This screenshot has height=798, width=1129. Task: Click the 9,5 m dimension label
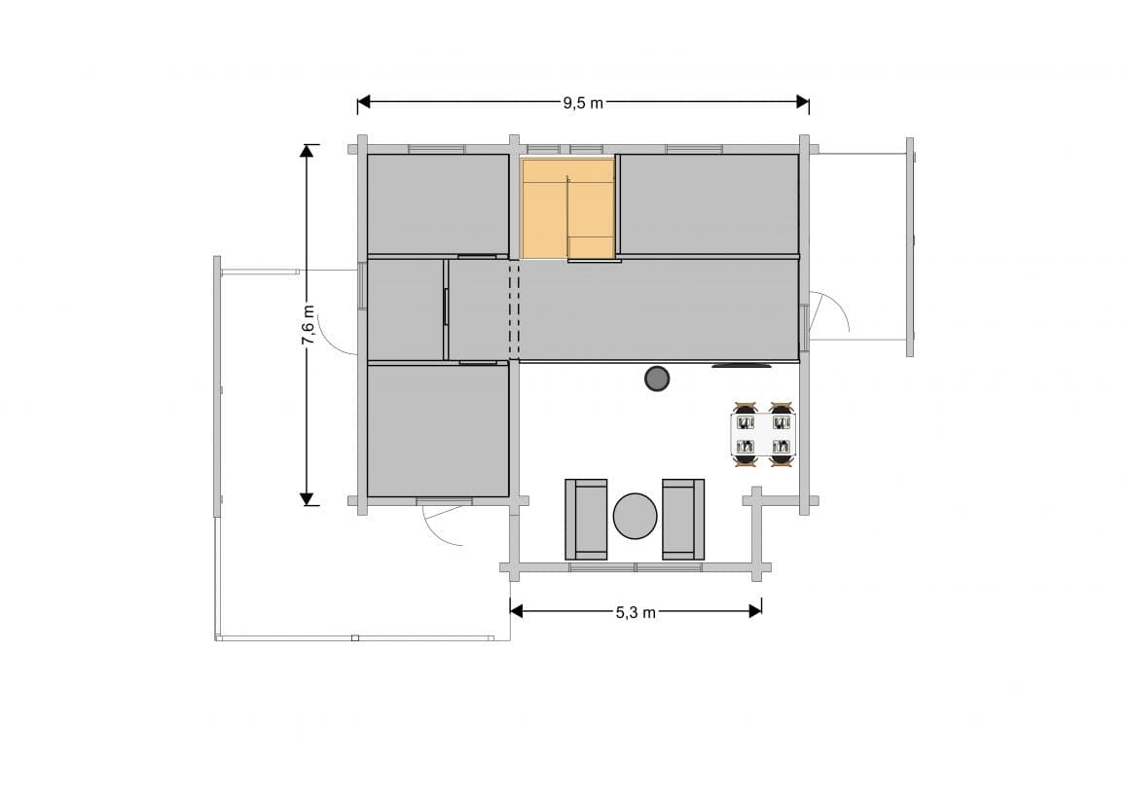tap(583, 102)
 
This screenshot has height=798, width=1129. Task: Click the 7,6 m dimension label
tap(308, 325)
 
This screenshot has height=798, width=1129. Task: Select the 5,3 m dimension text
tap(636, 612)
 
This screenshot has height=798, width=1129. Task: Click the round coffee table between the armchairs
tap(636, 516)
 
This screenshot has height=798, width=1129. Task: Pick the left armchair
tap(586, 519)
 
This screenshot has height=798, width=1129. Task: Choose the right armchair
tap(683, 519)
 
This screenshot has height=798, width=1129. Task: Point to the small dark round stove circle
tap(658, 379)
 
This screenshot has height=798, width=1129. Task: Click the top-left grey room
tap(438, 203)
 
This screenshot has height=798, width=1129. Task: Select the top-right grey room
tap(709, 203)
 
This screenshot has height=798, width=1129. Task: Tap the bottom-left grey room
tap(438, 430)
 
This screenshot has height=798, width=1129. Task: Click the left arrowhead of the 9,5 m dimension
tap(364, 101)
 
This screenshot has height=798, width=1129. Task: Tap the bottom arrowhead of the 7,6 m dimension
tap(308, 498)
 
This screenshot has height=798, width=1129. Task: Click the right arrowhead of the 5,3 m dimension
tap(754, 611)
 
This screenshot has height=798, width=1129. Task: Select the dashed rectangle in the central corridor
tap(514, 309)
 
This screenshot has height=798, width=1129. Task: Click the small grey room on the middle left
tap(405, 309)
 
